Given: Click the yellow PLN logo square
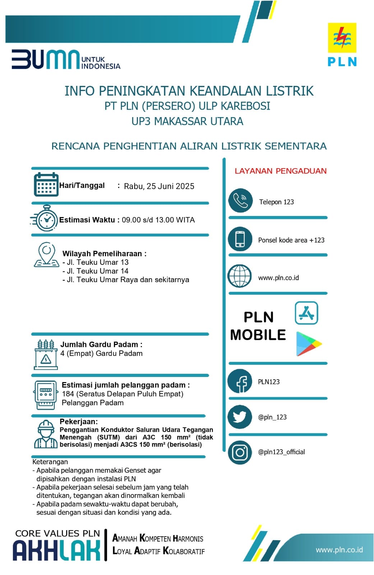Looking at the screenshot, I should coord(342,38).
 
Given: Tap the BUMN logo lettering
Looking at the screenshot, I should coord(45,59).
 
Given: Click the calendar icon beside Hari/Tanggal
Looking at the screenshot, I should coord(46,185).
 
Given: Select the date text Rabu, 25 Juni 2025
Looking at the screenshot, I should coord(159,186).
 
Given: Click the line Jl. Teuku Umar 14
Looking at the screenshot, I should coord(95,271).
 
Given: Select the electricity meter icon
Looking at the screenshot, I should coord(46,395).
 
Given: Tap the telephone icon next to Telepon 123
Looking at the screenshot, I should coord(240,201).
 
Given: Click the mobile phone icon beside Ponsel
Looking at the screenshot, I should coord(240,239).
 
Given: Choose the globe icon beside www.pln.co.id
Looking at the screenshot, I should coord(240,276).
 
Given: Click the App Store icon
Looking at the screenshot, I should coord(306,313).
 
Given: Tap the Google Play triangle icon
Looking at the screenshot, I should coord(308,344).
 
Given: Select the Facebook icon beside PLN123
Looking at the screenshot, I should coord(240,382).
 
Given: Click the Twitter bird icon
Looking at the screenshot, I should coord(240,417).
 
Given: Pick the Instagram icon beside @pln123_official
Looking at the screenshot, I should coord(240,452).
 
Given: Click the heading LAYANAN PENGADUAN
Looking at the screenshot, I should coord(281,171).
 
